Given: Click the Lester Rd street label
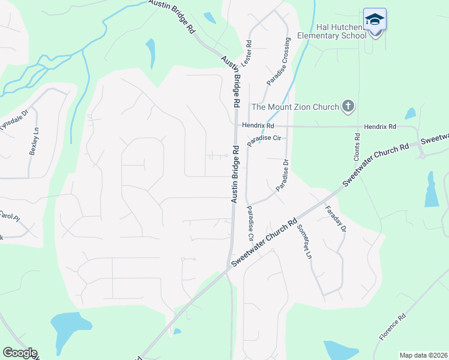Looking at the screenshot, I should coord(246,53).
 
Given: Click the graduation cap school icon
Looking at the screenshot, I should coord(375,20).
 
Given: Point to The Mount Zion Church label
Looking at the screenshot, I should coord(295,107).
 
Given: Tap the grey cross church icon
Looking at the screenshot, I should coord(348,107).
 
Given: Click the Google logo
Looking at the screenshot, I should coord(20,353).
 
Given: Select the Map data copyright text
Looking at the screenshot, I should coord(423,355).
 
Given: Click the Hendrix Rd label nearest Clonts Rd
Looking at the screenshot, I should coord(379,127).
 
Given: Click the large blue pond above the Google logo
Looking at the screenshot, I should coord(72,327).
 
